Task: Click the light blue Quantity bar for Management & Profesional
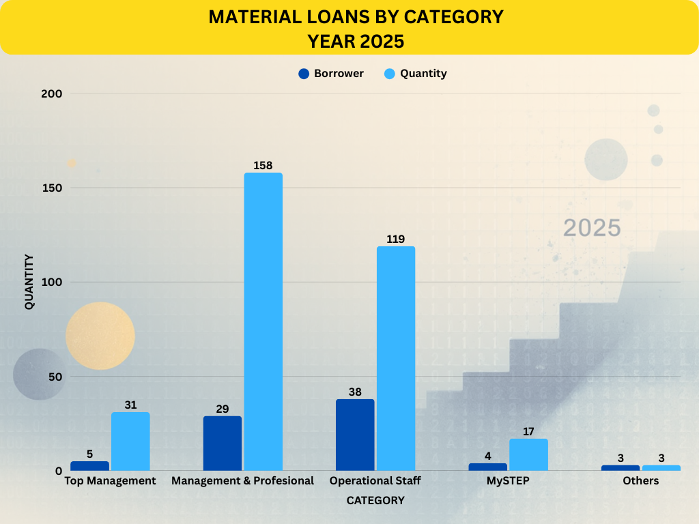(263, 321)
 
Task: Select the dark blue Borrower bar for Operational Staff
(355, 435)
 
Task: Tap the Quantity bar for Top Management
(130, 441)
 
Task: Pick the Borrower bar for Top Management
(89, 466)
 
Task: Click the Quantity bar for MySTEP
(528, 454)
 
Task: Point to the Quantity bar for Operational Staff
(396, 358)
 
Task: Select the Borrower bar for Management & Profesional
(223, 443)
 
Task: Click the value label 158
(263, 165)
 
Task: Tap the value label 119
(395, 239)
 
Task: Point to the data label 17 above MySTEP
(528, 431)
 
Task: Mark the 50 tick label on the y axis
(56, 377)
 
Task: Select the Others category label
(640, 481)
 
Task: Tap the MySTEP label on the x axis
(508, 481)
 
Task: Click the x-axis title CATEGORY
(375, 500)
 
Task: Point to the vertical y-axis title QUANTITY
(29, 282)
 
